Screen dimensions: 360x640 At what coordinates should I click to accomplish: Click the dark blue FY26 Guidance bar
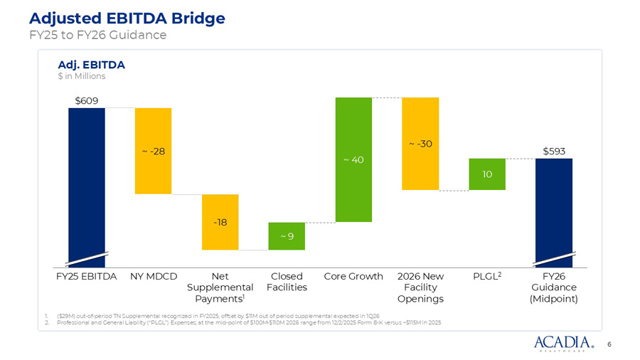point(554,206)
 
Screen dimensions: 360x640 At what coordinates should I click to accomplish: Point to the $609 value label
point(87,101)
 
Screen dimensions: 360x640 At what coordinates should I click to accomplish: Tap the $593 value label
point(554,152)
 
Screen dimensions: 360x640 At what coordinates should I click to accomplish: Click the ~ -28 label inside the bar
point(153,152)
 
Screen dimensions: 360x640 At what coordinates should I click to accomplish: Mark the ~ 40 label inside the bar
point(353,160)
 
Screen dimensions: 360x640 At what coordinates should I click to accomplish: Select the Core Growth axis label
point(353,276)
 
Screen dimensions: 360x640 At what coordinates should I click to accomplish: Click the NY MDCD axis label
point(153,276)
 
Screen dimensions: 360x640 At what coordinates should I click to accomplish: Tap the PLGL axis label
point(487,276)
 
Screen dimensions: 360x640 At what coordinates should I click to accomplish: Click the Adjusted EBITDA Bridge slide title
point(117,18)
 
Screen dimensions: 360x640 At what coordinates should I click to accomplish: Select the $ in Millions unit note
point(81,77)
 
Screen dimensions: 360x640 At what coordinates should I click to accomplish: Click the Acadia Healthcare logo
point(562,344)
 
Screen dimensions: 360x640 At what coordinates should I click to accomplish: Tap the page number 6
point(609,344)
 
